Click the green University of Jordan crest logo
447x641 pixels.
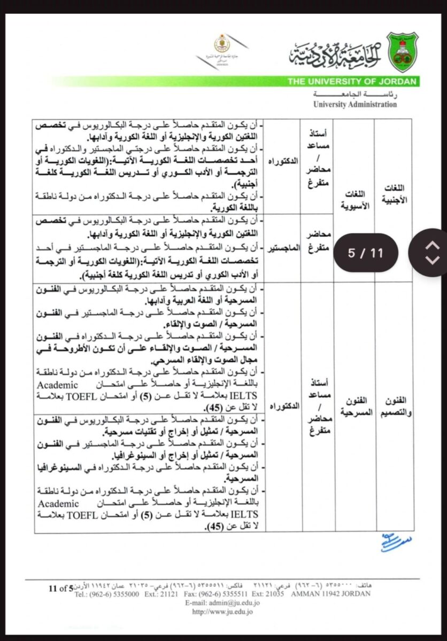click(x=402, y=52)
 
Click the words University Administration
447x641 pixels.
click(x=355, y=105)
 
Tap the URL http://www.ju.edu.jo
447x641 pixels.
click(x=222, y=611)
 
